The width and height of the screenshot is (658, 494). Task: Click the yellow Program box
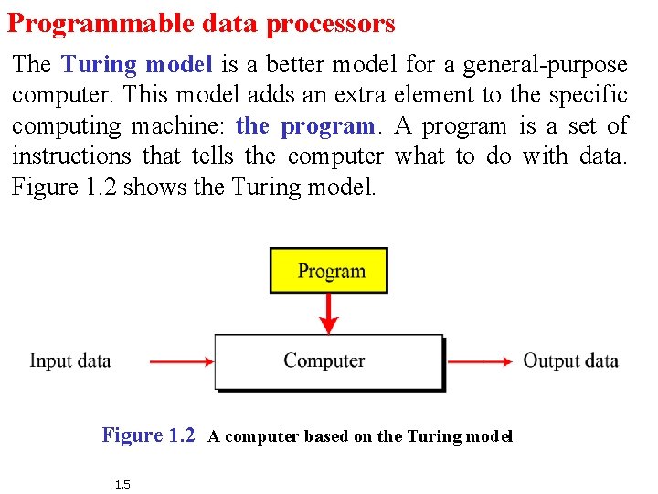[x=329, y=271]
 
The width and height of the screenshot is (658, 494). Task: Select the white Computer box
[x=328, y=361]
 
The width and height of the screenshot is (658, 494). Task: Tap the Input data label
[x=70, y=360]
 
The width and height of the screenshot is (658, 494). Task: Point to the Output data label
[x=570, y=360]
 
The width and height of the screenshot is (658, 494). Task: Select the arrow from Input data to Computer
[x=181, y=361]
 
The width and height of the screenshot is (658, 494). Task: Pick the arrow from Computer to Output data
[x=479, y=361]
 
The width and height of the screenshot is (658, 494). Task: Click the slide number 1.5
[x=122, y=484]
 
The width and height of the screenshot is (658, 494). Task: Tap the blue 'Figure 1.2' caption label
[x=148, y=435]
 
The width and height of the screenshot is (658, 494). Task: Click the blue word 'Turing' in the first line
[x=99, y=65]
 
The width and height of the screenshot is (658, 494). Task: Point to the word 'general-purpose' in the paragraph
[x=546, y=65]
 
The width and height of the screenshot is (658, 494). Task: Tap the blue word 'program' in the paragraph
[x=328, y=125]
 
